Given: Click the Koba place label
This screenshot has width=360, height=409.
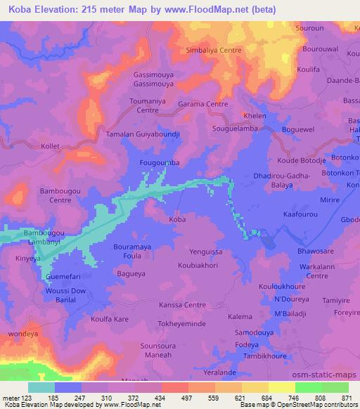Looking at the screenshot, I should pos(177,220).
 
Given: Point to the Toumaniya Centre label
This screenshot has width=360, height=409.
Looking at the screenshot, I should pos(148,105).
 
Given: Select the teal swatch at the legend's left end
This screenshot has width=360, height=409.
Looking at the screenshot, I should pos(41,387).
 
